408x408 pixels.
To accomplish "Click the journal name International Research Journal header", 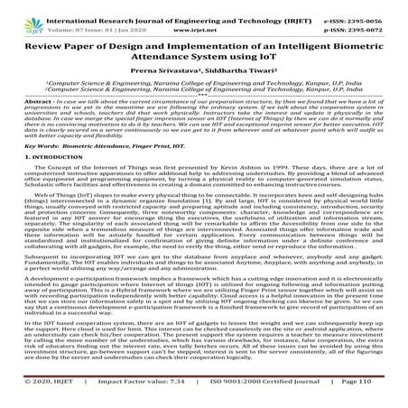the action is [x=135, y=6].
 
